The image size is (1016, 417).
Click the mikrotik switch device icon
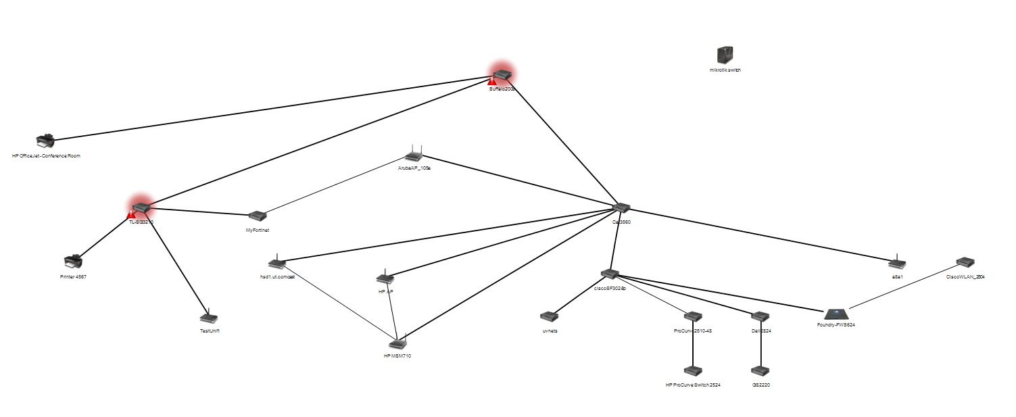pyautogui.click(x=725, y=55)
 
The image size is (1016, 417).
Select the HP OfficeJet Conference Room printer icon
pyautogui.click(x=45, y=141)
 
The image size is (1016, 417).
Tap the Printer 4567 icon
pyautogui.click(x=72, y=261)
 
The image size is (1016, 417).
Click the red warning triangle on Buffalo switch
pyautogui.click(x=493, y=82)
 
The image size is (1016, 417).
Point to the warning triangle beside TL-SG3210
pyautogui.click(x=132, y=214)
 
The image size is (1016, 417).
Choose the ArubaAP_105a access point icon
pyautogui.click(x=414, y=154)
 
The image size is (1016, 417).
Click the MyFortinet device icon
pyautogui.click(x=257, y=216)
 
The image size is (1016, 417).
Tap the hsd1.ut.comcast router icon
pyautogui.click(x=276, y=263)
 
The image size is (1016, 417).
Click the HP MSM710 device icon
pyautogui.click(x=397, y=342)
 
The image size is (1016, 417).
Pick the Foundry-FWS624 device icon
pyautogui.click(x=836, y=314)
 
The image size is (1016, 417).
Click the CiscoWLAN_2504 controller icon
pyautogui.click(x=965, y=262)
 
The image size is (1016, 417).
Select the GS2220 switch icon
pyautogui.click(x=760, y=371)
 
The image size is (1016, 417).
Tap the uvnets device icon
pyautogui.click(x=549, y=316)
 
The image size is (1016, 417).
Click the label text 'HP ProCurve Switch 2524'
pyautogui.click(x=693, y=385)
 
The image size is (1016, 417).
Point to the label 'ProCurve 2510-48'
pyautogui.click(x=693, y=330)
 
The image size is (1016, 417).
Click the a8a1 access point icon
pyautogui.click(x=897, y=263)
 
